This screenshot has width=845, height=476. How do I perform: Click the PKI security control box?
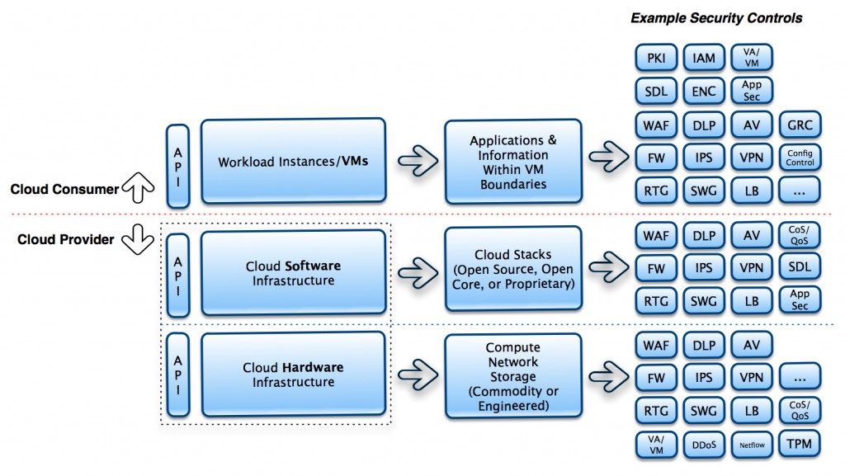click(x=656, y=58)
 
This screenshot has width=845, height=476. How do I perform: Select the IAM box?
click(x=704, y=58)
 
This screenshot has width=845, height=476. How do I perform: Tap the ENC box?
click(x=704, y=91)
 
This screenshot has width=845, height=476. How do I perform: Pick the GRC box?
click(x=800, y=125)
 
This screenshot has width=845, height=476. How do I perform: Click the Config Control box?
click(x=800, y=158)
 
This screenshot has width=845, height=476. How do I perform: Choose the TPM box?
click(x=799, y=444)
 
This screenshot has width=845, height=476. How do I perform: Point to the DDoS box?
click(x=704, y=444)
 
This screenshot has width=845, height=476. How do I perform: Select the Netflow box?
click(x=752, y=444)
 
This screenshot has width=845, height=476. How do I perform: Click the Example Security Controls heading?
click(x=716, y=18)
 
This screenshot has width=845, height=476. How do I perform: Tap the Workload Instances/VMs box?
click(x=293, y=161)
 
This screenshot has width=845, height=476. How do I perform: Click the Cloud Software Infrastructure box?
click(x=293, y=272)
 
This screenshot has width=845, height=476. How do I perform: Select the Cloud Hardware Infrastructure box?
click(x=293, y=375)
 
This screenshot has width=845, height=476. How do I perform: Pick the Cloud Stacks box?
click(x=513, y=269)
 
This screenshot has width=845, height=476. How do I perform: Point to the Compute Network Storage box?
click(x=513, y=376)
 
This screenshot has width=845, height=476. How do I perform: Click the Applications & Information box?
click(x=513, y=162)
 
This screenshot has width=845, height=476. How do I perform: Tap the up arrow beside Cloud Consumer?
click(x=138, y=187)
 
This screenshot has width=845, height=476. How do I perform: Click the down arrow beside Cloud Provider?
click(x=138, y=239)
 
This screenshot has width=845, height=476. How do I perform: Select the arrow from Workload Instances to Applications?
click(x=418, y=161)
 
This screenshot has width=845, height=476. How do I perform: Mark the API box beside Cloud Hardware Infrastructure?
click(x=178, y=375)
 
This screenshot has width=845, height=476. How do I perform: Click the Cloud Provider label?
click(x=66, y=239)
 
